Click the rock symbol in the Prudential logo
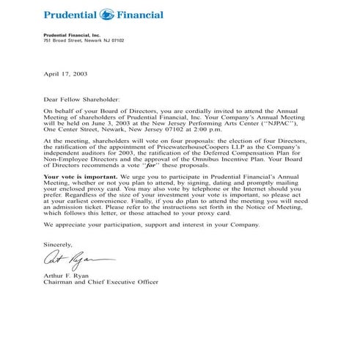click(106, 14)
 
